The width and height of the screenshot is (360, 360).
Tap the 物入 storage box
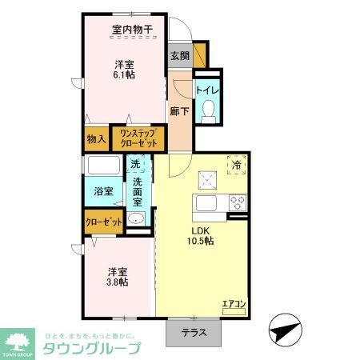point(97,139)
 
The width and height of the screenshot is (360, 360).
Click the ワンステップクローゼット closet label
point(138,138)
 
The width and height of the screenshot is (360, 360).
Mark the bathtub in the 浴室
point(103,168)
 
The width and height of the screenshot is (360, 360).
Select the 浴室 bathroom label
point(103,193)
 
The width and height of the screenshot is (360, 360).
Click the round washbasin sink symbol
point(135,221)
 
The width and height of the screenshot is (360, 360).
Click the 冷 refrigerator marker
point(237,164)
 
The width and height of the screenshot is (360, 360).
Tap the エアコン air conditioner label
point(234,305)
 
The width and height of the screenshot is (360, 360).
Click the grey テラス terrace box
point(191,334)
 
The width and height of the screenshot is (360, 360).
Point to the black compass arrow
point(285,329)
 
